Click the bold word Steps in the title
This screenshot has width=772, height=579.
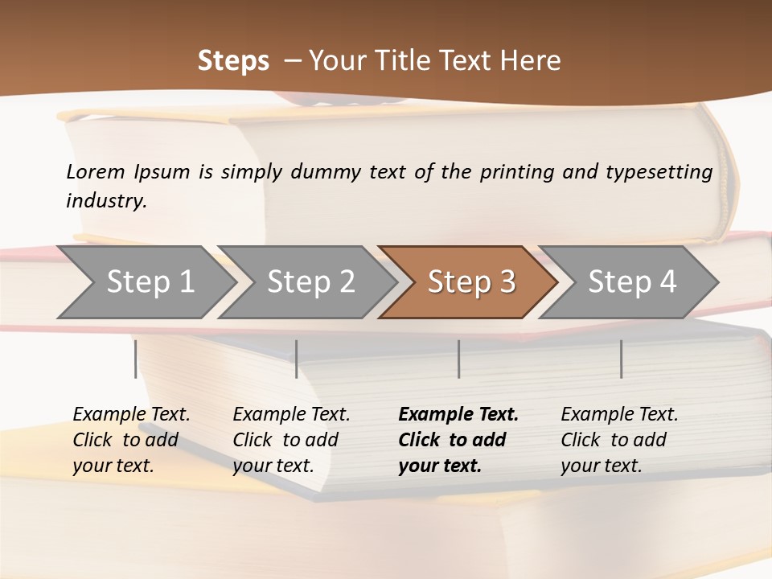click(233, 61)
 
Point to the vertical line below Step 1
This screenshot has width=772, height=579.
click(136, 359)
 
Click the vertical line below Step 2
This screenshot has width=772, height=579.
click(297, 359)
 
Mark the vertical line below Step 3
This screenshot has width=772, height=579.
click(459, 359)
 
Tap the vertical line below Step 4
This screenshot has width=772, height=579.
click(621, 359)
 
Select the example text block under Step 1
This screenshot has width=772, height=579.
click(131, 440)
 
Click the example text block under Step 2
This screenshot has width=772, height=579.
click(291, 440)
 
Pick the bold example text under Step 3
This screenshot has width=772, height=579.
click(458, 440)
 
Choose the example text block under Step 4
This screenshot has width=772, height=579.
click(619, 440)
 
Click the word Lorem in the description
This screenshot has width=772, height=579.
click(96, 171)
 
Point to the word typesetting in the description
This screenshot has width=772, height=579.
click(659, 171)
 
